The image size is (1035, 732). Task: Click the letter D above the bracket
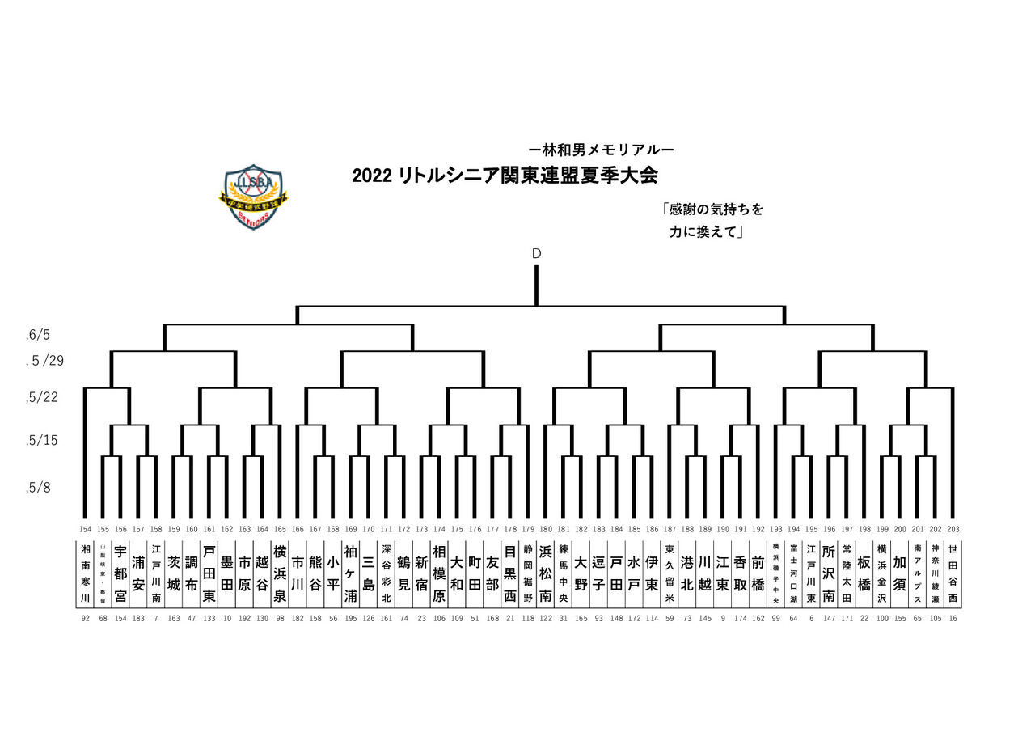pos(536,254)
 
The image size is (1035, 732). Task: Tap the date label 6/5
pos(40,334)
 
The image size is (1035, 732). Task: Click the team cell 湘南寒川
pos(86,573)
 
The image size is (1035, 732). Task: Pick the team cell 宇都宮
pos(120,573)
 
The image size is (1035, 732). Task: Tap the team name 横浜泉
pos(280,573)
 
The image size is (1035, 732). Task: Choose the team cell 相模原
pos(439,573)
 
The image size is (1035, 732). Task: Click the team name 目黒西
pos(509,573)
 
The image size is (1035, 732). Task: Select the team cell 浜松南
pos(545,573)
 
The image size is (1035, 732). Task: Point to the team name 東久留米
pos(669,573)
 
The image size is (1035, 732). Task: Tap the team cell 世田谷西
pos(953,573)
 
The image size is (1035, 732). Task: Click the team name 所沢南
pos(828,573)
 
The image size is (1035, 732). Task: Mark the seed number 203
pos(953,529)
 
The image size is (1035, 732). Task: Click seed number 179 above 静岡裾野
pos(527,529)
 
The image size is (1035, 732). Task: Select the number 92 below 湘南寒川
pos(86,617)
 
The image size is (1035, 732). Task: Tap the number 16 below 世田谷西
pos(953,617)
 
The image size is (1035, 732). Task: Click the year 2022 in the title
pos(372,176)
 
